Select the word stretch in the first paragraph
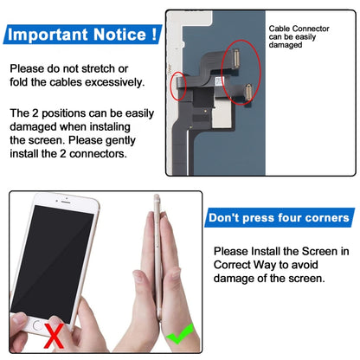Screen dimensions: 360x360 point(109,67)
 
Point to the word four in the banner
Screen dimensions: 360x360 point(276,217)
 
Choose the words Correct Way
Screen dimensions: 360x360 point(249,265)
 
